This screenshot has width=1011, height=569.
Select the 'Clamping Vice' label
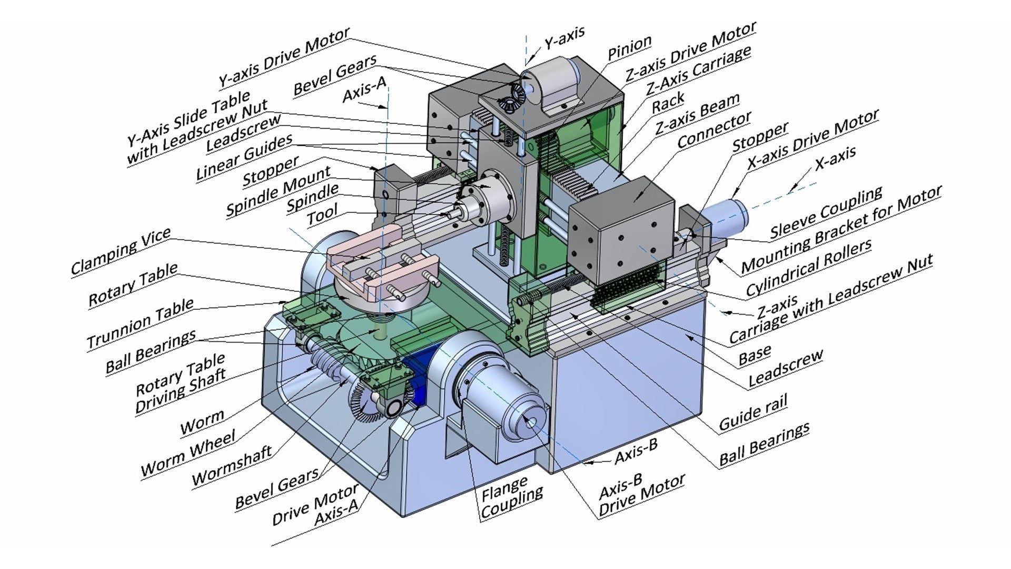pyautogui.click(x=121, y=251)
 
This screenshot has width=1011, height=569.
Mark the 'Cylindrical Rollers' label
pyautogui.click(x=808, y=268)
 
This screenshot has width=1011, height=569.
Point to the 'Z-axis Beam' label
pyautogui.click(x=697, y=114)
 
